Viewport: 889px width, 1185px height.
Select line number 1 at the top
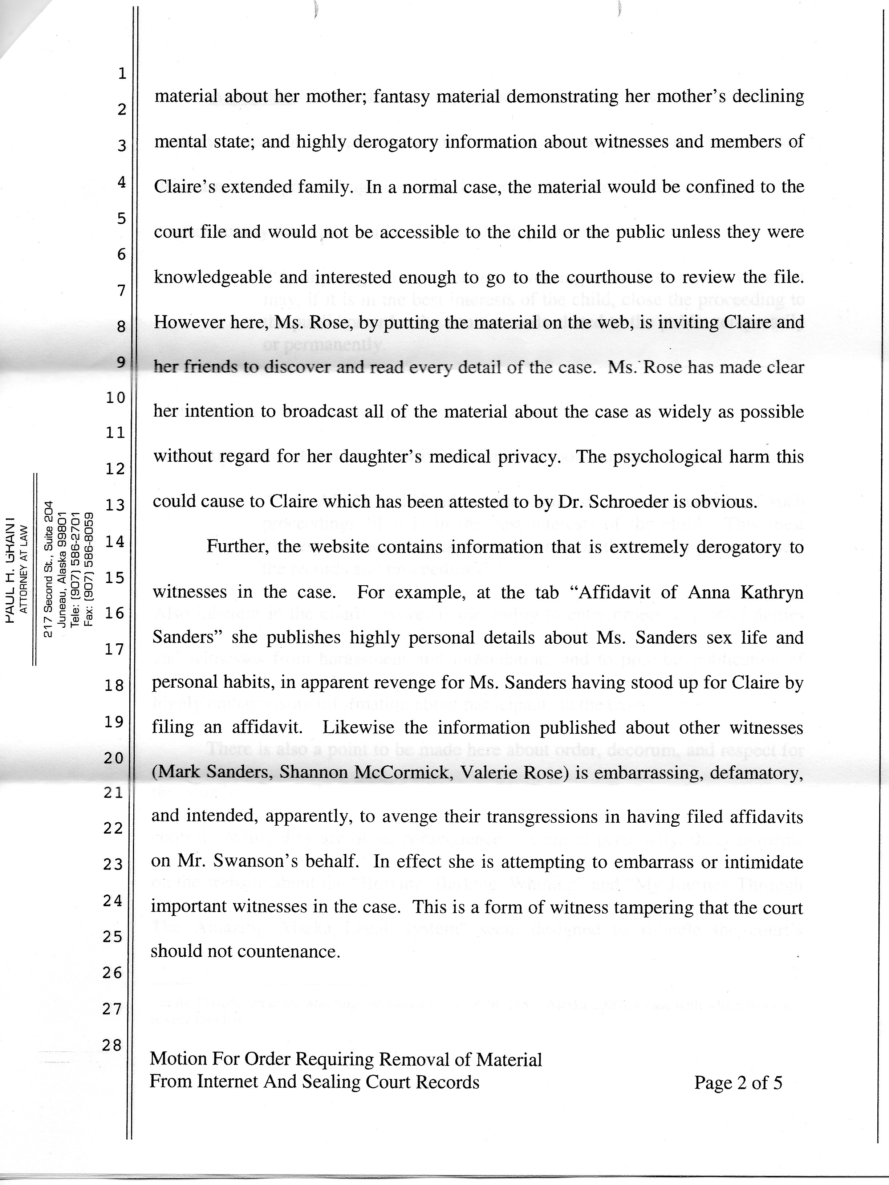pyautogui.click(x=122, y=73)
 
